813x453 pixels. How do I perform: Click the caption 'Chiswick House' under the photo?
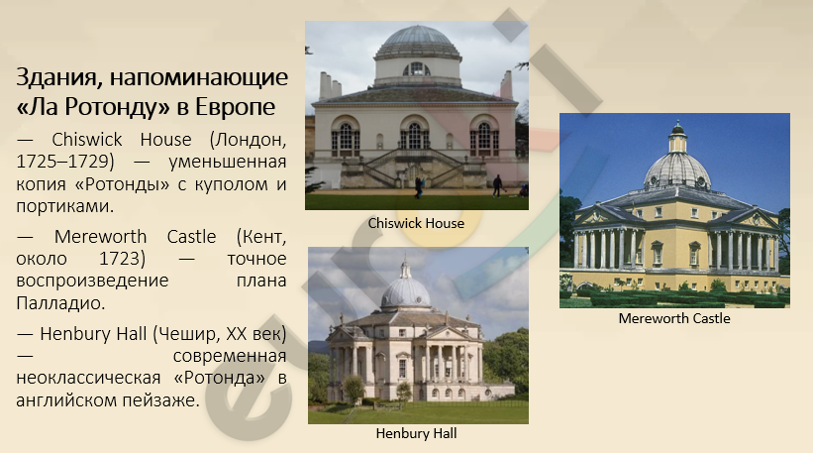[416, 224]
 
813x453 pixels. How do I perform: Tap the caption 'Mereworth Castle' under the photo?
[674, 318]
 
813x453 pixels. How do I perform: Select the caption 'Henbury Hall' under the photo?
[416, 434]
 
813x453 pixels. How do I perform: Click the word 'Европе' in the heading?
[235, 107]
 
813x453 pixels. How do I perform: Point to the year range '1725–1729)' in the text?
[64, 162]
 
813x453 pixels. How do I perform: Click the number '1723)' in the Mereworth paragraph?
[123, 259]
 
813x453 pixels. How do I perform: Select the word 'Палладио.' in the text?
[60, 303]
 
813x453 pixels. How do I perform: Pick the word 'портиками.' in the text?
[64, 206]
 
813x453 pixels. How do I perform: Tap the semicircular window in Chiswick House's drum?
[416, 69]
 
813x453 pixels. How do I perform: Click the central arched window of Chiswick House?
[414, 135]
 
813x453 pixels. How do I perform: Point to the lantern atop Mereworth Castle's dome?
[677, 138]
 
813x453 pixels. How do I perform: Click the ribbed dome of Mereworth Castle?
[677, 170]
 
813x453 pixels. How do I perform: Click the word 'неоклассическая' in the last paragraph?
[88, 379]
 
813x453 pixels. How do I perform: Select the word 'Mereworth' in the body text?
[100, 237]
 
